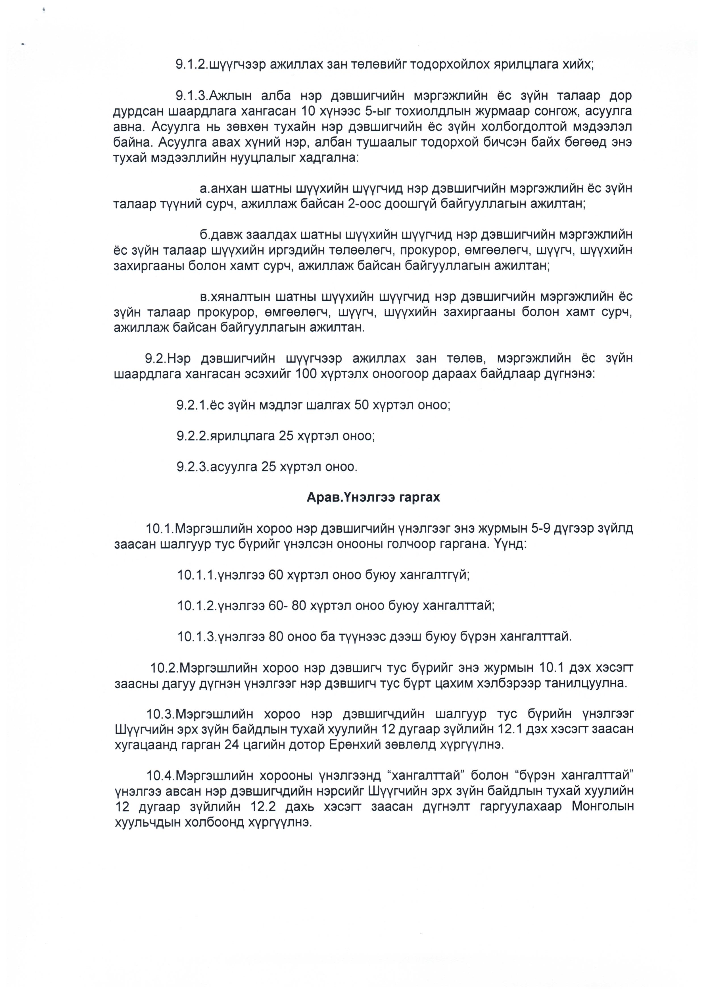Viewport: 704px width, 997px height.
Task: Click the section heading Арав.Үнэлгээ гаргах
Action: (x=373, y=497)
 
